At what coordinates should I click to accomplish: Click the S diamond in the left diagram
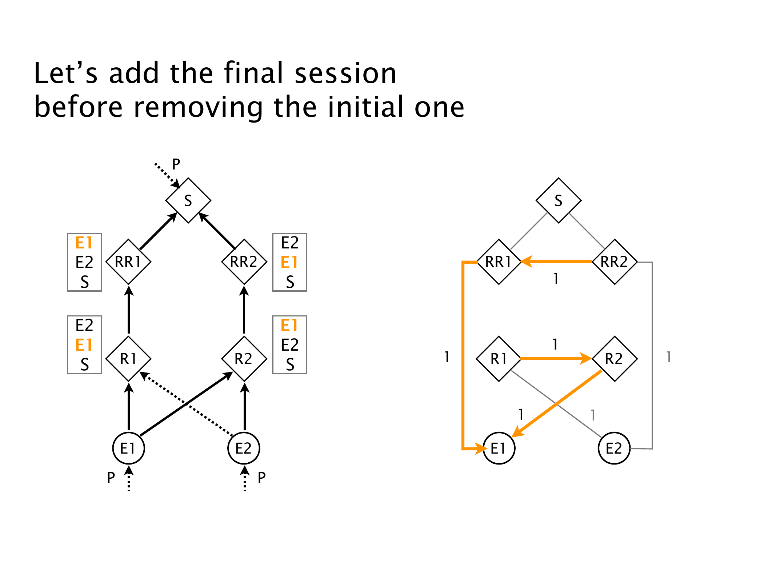(188, 200)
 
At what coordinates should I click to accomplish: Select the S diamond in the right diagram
(558, 200)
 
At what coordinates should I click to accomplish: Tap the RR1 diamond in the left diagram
(128, 262)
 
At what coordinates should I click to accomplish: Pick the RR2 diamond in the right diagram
(615, 262)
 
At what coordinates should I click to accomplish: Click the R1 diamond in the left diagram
(128, 359)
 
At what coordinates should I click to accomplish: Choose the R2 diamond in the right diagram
(615, 359)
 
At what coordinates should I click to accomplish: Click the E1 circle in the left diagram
(128, 449)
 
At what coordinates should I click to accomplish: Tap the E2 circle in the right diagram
(614, 449)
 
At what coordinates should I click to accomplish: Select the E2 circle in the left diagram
(244, 449)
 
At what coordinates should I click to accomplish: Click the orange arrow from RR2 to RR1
(556, 262)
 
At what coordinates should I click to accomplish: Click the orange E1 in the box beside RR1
(84, 243)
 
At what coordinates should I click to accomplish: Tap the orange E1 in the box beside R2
(289, 326)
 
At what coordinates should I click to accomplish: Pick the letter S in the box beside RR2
(290, 282)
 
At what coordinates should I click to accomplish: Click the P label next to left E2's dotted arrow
(261, 478)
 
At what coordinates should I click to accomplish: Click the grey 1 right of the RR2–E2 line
(668, 357)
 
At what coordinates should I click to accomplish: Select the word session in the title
(345, 73)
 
